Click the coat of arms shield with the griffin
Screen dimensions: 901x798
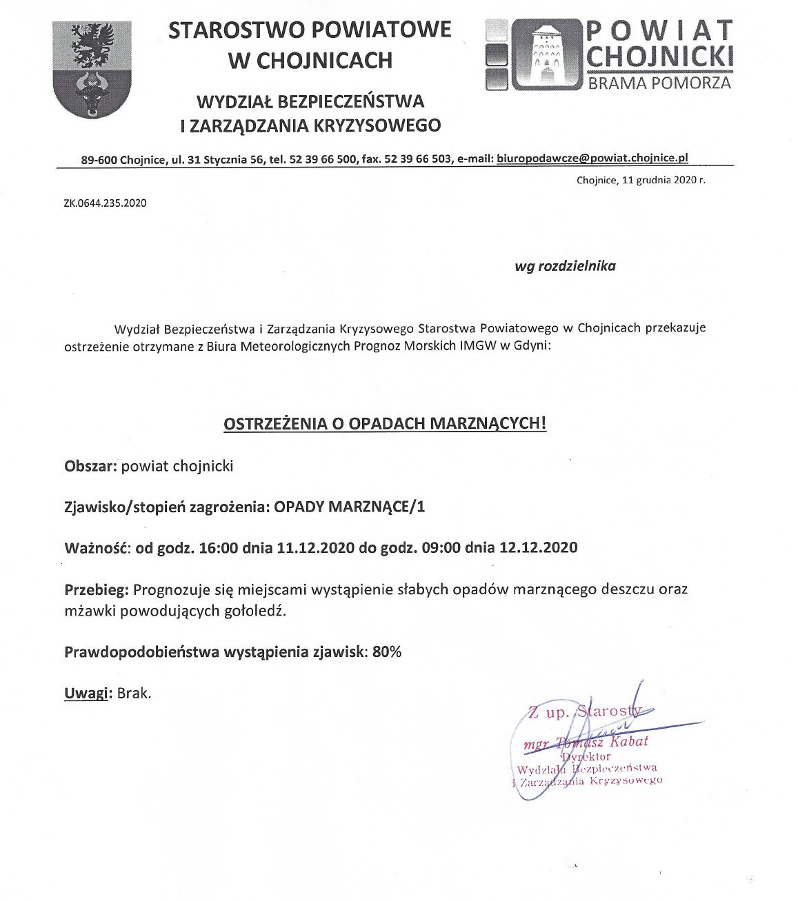tap(92, 69)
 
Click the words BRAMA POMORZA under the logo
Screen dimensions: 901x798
tap(658, 83)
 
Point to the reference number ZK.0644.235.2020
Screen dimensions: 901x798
tap(106, 203)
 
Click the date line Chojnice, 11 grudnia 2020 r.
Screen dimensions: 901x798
tap(641, 180)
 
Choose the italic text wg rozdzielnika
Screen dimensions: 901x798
tap(565, 266)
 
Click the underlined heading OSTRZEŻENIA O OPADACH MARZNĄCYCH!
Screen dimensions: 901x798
tap(385, 423)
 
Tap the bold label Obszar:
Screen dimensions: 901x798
tap(90, 466)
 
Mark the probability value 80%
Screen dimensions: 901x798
tap(386, 651)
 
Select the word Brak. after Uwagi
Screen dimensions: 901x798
tap(134, 694)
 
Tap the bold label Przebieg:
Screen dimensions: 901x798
tap(97, 589)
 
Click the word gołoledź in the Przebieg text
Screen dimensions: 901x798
tap(256, 611)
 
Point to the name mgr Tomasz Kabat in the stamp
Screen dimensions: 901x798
tap(586, 742)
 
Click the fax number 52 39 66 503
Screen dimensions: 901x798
tap(417, 159)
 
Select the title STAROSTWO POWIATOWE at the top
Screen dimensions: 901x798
tap(310, 30)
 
